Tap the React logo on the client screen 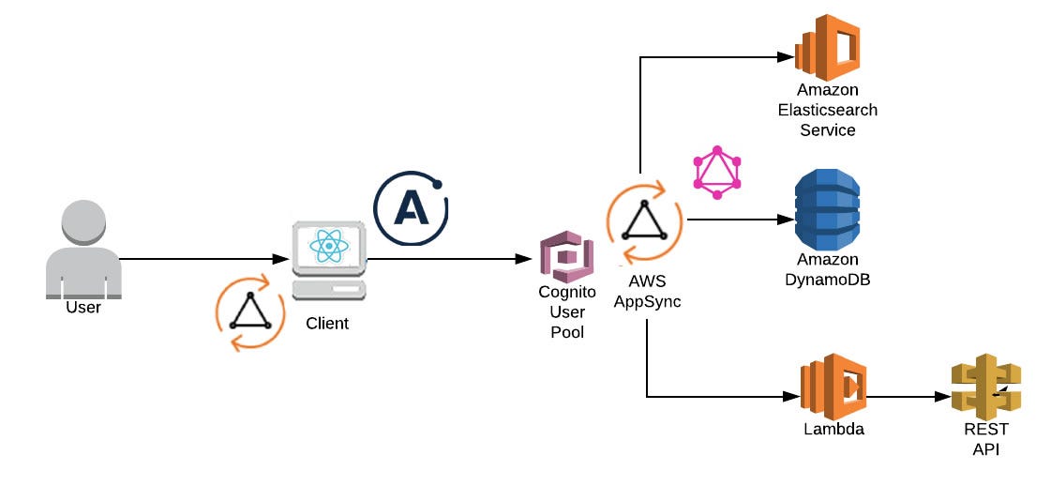(328, 247)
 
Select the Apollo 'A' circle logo (411, 208)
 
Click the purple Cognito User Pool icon (566, 256)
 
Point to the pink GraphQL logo (717, 172)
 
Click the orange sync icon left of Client (250, 312)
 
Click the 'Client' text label (327, 324)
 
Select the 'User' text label (83, 307)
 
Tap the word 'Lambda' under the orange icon (833, 430)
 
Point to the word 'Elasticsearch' (827, 110)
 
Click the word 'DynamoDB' (826, 279)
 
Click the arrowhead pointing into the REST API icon (941, 396)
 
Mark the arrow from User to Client (202, 258)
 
